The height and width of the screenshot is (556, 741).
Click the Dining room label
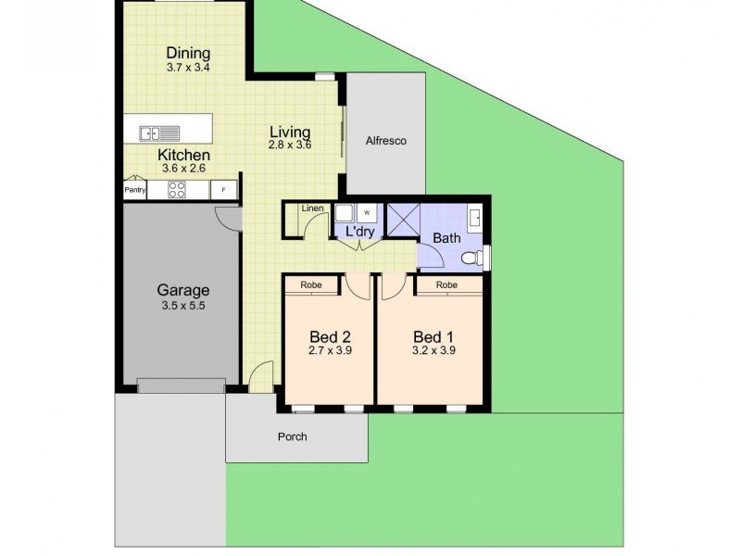click(x=188, y=53)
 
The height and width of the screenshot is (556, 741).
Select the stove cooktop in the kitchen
click(x=176, y=190)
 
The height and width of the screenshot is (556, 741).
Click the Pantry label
click(x=135, y=190)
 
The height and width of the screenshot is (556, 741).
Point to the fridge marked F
click(x=222, y=190)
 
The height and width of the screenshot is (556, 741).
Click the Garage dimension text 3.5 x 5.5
click(x=182, y=305)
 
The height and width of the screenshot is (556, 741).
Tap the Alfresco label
click(x=386, y=141)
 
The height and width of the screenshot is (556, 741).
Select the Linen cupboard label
click(x=312, y=208)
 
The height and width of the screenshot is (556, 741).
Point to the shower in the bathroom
click(x=403, y=221)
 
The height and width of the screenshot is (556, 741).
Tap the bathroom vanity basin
click(x=475, y=219)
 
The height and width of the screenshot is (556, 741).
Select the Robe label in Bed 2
click(x=311, y=285)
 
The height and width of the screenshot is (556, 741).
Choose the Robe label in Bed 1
click(x=447, y=285)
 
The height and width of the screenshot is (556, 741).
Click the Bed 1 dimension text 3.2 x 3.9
click(x=433, y=351)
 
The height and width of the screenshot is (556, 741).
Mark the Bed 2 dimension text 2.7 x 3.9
click(x=330, y=351)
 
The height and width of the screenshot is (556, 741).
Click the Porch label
click(x=292, y=436)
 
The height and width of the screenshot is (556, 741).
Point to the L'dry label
click(x=359, y=232)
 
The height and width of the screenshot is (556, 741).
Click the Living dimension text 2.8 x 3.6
click(x=290, y=145)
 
